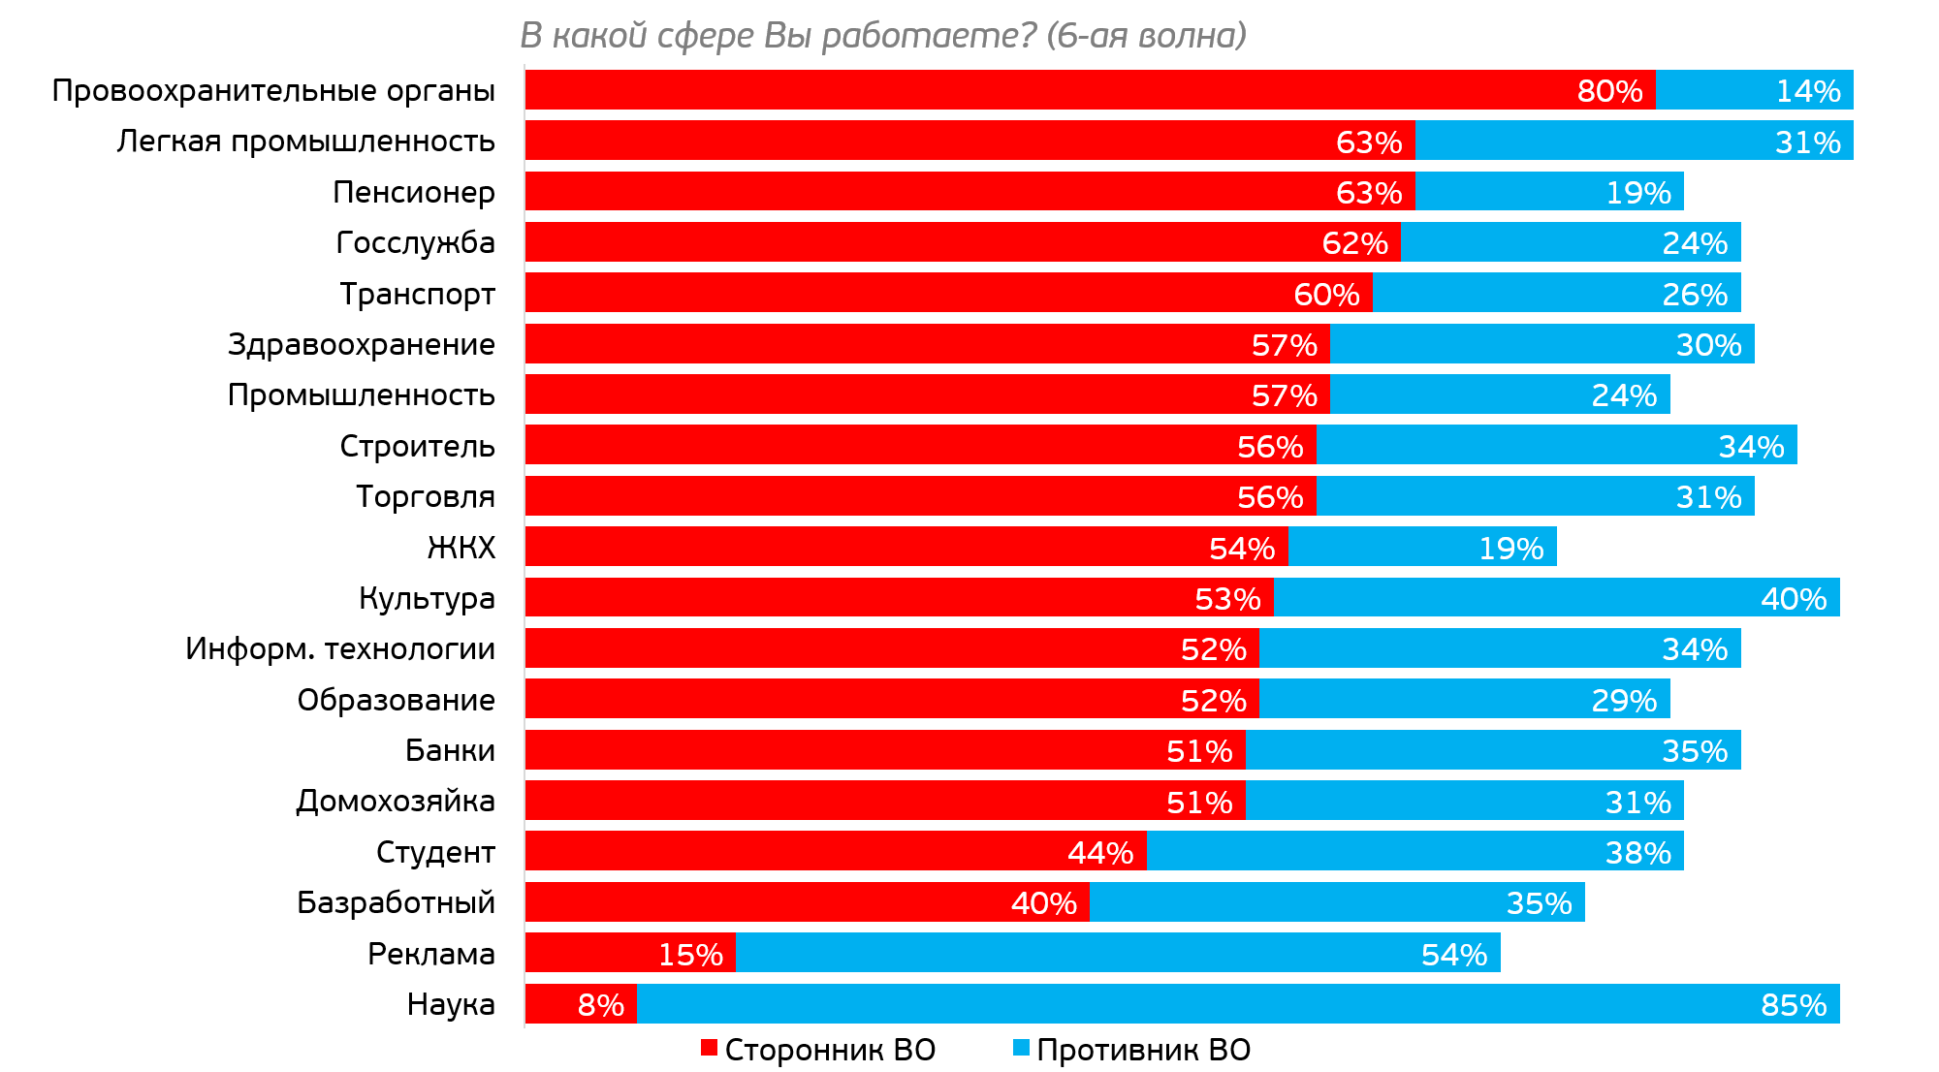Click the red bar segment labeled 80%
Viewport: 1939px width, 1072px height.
click(x=1090, y=90)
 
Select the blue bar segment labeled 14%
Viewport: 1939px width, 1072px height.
click(x=1754, y=90)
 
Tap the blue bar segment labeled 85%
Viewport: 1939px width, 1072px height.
click(x=1238, y=1004)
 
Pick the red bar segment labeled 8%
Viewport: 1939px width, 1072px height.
click(x=581, y=1004)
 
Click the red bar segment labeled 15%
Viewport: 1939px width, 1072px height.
click(x=630, y=954)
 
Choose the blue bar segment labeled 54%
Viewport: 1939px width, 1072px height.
click(x=1118, y=954)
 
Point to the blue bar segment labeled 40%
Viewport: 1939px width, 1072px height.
click(x=1556, y=598)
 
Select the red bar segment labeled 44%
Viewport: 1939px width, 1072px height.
click(x=836, y=852)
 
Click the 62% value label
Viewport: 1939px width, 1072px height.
click(x=1354, y=243)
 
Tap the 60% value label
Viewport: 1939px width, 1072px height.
click(x=1326, y=295)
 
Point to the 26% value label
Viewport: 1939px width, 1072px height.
click(x=1695, y=295)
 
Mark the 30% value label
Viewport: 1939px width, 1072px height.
click(x=1708, y=345)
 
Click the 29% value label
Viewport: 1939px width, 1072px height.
click(x=1624, y=701)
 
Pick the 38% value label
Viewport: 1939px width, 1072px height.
click(x=1637, y=853)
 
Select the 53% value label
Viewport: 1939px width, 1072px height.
click(x=1227, y=599)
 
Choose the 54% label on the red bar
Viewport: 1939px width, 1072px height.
click(x=1241, y=549)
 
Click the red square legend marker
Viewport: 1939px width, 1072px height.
click(x=709, y=1047)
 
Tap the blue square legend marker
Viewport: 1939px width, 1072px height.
click(x=1021, y=1047)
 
